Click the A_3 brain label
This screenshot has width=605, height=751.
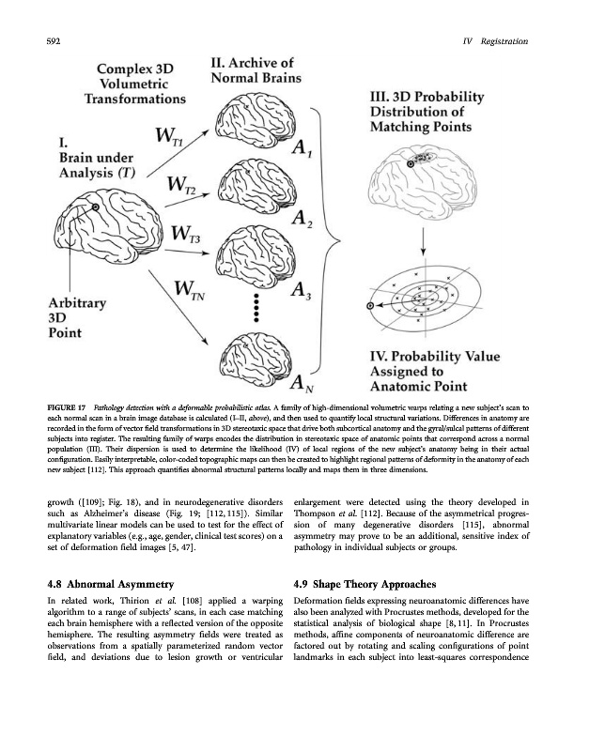pyautogui.click(x=302, y=292)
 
